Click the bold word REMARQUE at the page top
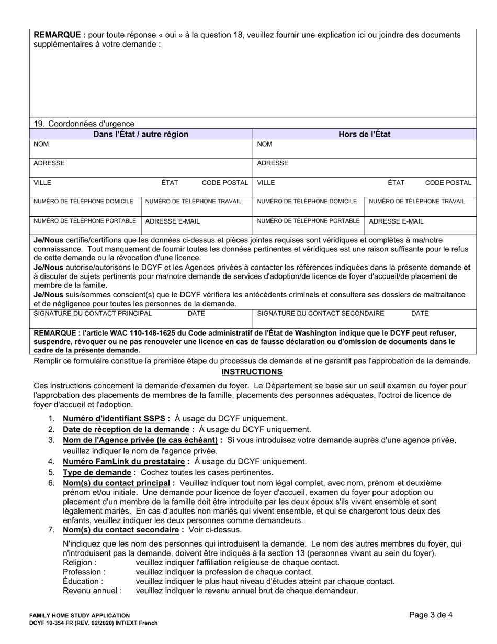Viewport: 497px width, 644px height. tap(60, 35)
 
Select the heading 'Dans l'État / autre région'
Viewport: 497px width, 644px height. tap(141, 134)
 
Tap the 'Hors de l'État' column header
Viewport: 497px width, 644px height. tap(364, 134)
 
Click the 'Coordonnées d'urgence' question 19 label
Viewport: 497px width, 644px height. tap(84, 124)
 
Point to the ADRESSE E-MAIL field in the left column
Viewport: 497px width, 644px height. tap(172, 221)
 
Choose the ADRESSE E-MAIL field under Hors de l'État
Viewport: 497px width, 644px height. tap(396, 221)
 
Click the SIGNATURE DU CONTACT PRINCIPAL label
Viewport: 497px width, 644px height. tap(93, 314)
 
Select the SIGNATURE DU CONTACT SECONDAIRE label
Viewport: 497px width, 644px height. tap(321, 314)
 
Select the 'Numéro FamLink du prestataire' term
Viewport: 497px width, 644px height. tap(126, 461)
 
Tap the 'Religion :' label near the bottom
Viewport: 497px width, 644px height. tap(80, 562)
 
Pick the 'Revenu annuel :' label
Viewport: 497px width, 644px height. tap(92, 591)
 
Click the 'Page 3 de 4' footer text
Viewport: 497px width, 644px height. tap(431, 615)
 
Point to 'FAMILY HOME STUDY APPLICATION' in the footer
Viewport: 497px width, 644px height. tap(80, 616)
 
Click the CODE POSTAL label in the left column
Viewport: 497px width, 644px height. tap(225, 183)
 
